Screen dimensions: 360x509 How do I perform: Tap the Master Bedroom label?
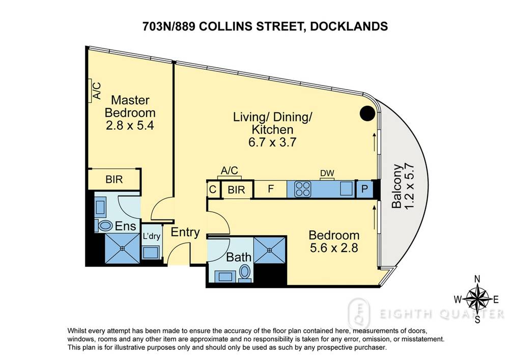(x=130, y=105)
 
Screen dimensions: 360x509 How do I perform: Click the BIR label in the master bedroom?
(x=114, y=179)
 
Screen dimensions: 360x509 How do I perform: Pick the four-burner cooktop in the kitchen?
(x=302, y=190)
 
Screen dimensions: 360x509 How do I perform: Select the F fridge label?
(x=270, y=190)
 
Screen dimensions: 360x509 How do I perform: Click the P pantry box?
(x=364, y=189)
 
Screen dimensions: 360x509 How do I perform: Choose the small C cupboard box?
(x=212, y=190)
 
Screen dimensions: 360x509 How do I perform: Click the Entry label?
(x=185, y=233)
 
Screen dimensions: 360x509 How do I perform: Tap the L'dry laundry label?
(x=152, y=236)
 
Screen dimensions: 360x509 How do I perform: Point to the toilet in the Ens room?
(x=106, y=225)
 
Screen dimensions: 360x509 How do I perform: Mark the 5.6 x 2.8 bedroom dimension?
(x=334, y=249)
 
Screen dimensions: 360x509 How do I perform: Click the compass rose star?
(x=477, y=299)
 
